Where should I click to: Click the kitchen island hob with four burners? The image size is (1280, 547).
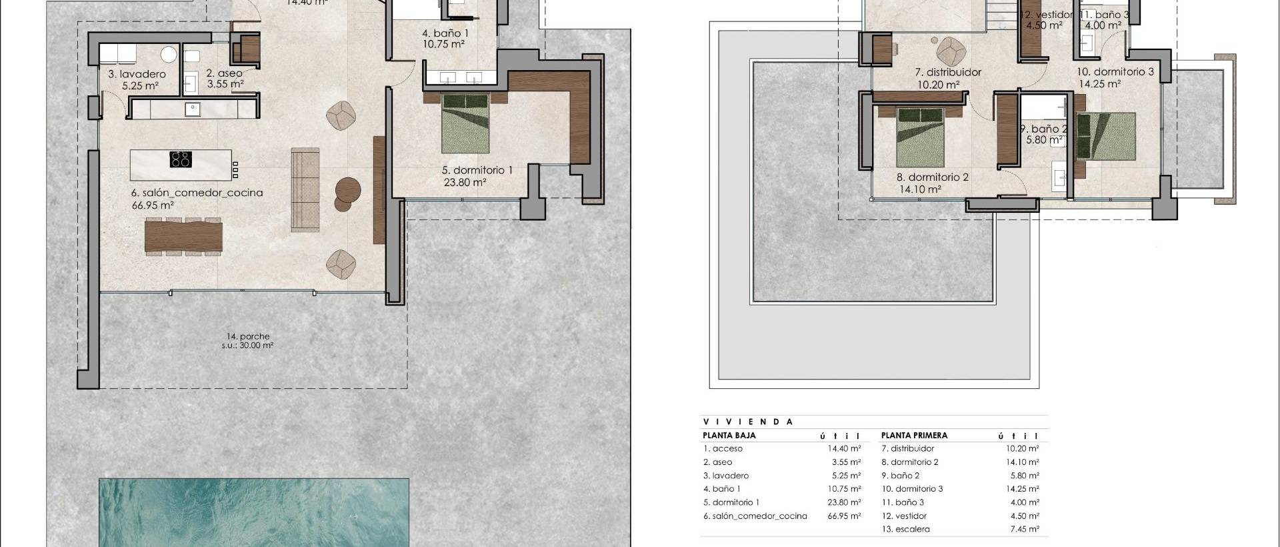[181, 159]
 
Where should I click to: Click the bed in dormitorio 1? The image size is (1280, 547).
[466, 123]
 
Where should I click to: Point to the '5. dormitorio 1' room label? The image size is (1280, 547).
[477, 170]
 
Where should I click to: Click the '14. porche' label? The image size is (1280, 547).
[247, 337]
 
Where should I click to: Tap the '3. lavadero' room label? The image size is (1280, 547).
[137, 74]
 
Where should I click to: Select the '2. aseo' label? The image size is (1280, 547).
[224, 73]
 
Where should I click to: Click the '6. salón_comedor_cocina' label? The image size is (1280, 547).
[197, 193]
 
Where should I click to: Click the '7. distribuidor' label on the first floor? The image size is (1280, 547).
[938, 72]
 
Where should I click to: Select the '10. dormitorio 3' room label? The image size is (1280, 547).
[1115, 71]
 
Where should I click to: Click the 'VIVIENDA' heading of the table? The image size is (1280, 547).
[748, 422]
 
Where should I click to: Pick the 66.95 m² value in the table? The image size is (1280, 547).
[843, 516]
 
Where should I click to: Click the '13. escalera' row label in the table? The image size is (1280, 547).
[905, 529]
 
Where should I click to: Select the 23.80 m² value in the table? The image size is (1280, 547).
[843, 502]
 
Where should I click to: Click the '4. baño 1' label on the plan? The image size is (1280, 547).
[445, 33]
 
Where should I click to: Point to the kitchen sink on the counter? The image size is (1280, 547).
[193, 107]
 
